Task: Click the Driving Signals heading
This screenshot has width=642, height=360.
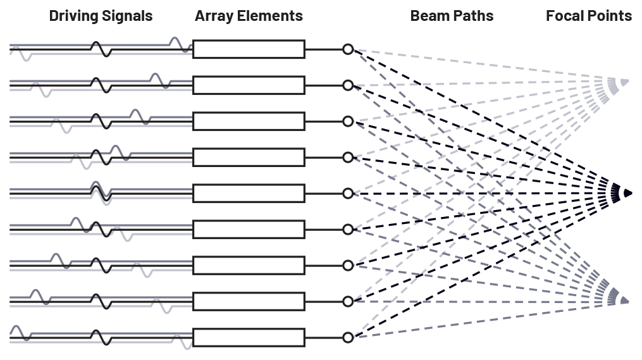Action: click(x=101, y=16)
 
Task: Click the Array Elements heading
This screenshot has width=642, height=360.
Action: click(x=249, y=16)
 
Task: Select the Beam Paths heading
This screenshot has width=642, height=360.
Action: click(x=452, y=16)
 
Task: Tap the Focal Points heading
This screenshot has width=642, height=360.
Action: click(x=589, y=16)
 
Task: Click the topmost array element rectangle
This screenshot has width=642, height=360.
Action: click(x=249, y=49)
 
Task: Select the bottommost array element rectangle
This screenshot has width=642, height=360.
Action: click(x=249, y=337)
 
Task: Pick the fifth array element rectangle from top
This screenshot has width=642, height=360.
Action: click(x=249, y=193)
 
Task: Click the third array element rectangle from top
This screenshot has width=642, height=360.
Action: click(x=249, y=121)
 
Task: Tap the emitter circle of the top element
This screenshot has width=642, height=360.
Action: click(x=347, y=49)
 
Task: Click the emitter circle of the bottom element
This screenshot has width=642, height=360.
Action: click(x=347, y=337)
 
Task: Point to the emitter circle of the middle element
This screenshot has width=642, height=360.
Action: click(x=347, y=193)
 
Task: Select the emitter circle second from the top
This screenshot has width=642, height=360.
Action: click(x=347, y=85)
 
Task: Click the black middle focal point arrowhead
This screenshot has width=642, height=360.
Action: click(x=627, y=193)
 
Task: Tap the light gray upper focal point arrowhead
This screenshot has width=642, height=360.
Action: click(x=624, y=82)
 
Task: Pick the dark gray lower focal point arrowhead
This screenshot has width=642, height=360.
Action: click(x=624, y=300)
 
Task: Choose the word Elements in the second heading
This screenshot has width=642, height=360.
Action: click(x=275, y=16)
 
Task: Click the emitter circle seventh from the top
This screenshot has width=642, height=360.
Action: click(x=347, y=265)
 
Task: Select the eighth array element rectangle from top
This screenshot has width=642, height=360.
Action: click(x=249, y=301)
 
